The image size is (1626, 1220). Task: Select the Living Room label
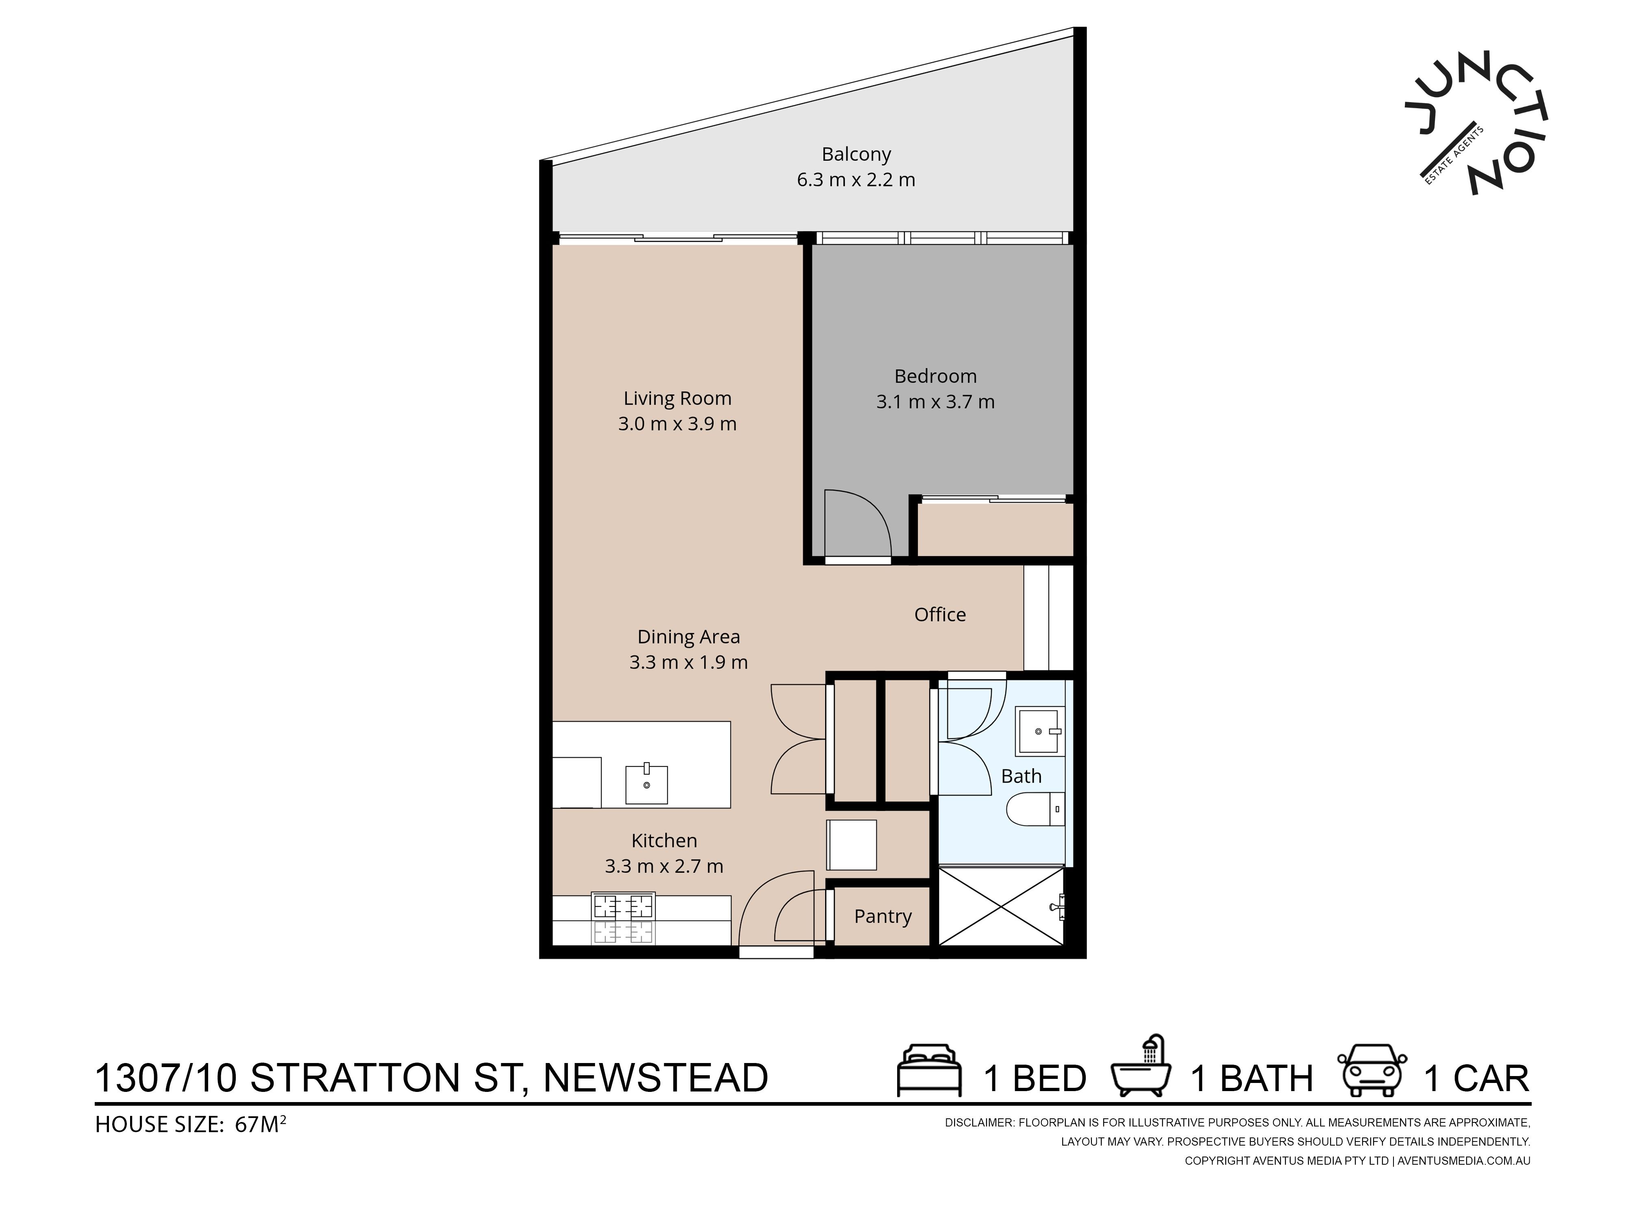point(677,399)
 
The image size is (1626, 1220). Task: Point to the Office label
point(939,615)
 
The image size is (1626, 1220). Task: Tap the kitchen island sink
point(647,784)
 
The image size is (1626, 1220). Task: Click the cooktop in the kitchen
point(623,918)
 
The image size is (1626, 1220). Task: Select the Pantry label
point(882,916)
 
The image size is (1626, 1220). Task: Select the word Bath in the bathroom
point(1021,776)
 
